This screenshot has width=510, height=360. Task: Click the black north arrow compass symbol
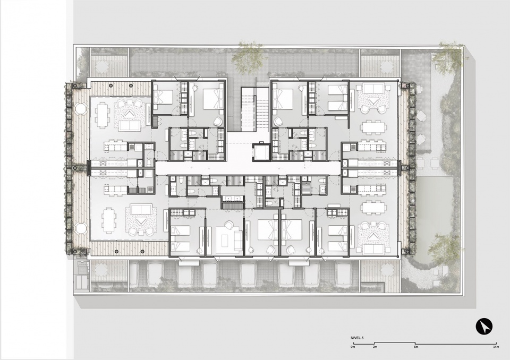tap(484, 325)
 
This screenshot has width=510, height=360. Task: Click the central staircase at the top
tap(249, 110)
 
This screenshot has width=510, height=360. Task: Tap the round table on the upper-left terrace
tap(81, 108)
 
